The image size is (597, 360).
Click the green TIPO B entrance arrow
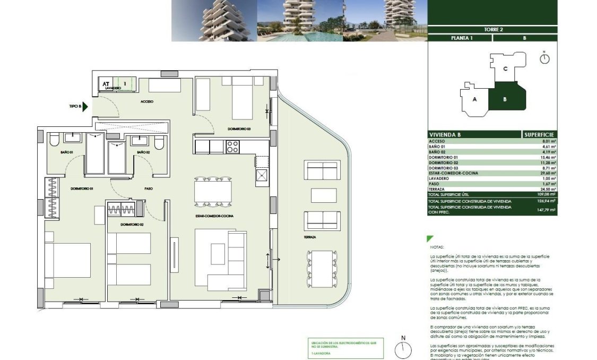pos(86,106)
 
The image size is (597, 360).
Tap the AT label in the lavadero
pos(106,83)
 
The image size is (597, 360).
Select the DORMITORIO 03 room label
pos(239,129)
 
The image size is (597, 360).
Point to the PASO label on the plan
pos(149,188)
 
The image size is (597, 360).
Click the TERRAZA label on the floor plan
pos(310,237)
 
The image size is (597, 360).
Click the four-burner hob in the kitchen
pos(232,147)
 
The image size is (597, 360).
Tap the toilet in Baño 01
pos(54,142)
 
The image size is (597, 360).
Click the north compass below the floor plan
pos(403,348)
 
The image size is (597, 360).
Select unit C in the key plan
pos(506,68)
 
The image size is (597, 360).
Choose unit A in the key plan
pos(475,99)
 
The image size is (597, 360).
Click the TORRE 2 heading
pos(493,30)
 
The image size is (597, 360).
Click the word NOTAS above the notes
pos(438,247)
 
